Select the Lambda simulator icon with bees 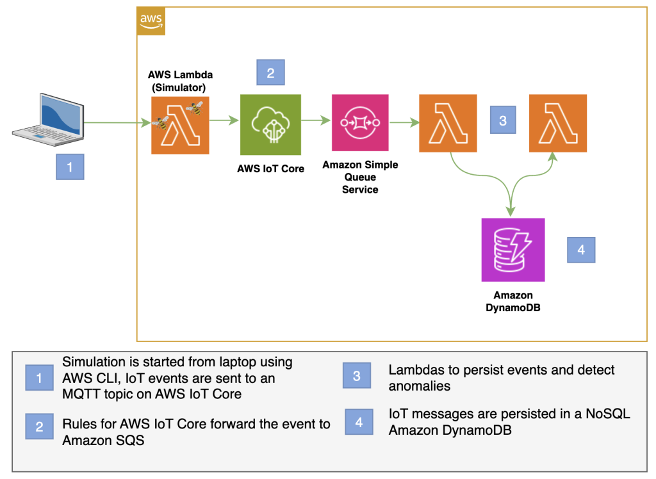pyautogui.click(x=180, y=126)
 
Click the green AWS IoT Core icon pyautogui.click(x=270, y=125)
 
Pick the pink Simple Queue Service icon pyautogui.click(x=359, y=123)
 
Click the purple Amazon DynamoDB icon pyautogui.click(x=512, y=250)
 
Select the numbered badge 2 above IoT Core pyautogui.click(x=270, y=72)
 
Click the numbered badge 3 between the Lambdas pyautogui.click(x=503, y=120)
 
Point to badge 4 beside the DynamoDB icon pyautogui.click(x=581, y=250)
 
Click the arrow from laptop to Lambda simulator pyautogui.click(x=114, y=123)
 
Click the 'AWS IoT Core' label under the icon pyautogui.click(x=270, y=169)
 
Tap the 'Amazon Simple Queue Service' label pyautogui.click(x=359, y=177)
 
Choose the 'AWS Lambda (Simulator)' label pyautogui.click(x=180, y=80)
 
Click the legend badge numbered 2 pyautogui.click(x=39, y=426)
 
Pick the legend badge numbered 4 pyautogui.click(x=359, y=422)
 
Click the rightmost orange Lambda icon pyautogui.click(x=557, y=123)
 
